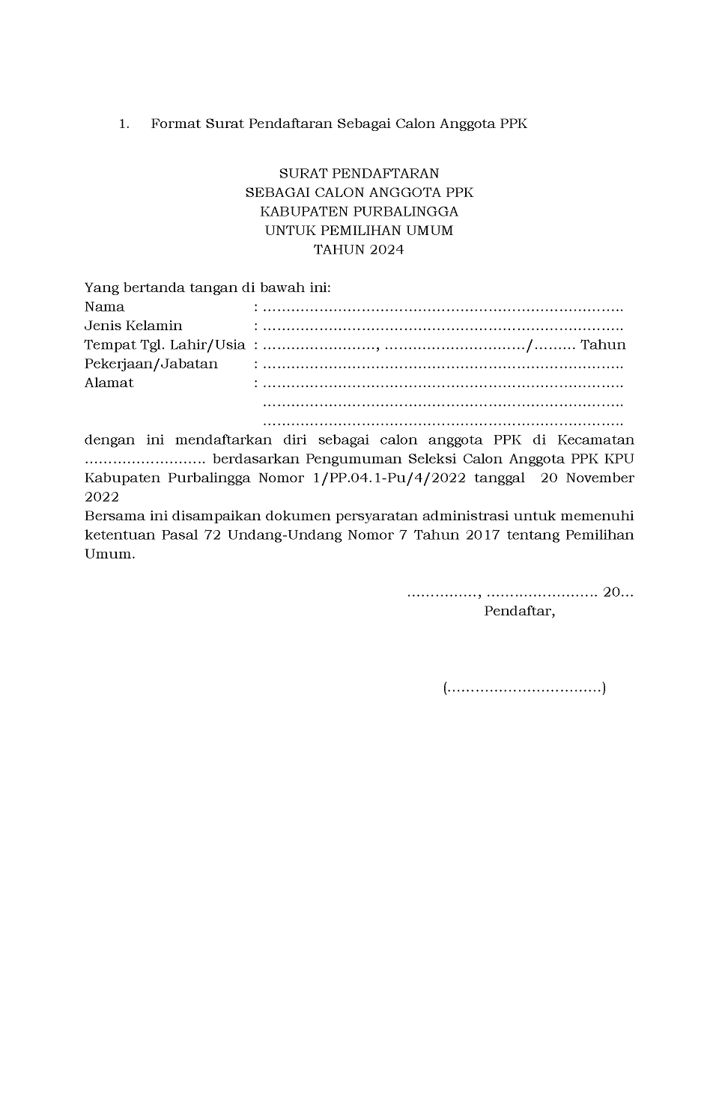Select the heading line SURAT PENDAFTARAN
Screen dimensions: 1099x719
pyautogui.click(x=359, y=174)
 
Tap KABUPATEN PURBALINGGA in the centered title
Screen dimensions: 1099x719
pyautogui.click(x=359, y=212)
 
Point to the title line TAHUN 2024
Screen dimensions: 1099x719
pyautogui.click(x=359, y=250)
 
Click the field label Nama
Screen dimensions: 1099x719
pyautogui.click(x=104, y=307)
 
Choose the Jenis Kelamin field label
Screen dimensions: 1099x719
pyautogui.click(x=133, y=326)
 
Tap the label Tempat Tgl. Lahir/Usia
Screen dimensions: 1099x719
pyautogui.click(x=165, y=345)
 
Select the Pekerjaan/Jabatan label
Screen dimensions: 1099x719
pyautogui.click(x=151, y=365)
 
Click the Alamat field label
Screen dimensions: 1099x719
pyautogui.click(x=109, y=383)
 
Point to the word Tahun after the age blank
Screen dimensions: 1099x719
pyautogui.click(x=603, y=345)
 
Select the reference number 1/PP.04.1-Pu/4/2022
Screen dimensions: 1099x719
pyautogui.click(x=386, y=478)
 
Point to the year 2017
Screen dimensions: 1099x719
pyautogui.click(x=476, y=535)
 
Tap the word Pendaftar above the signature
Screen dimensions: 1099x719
pyautogui.click(x=519, y=612)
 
